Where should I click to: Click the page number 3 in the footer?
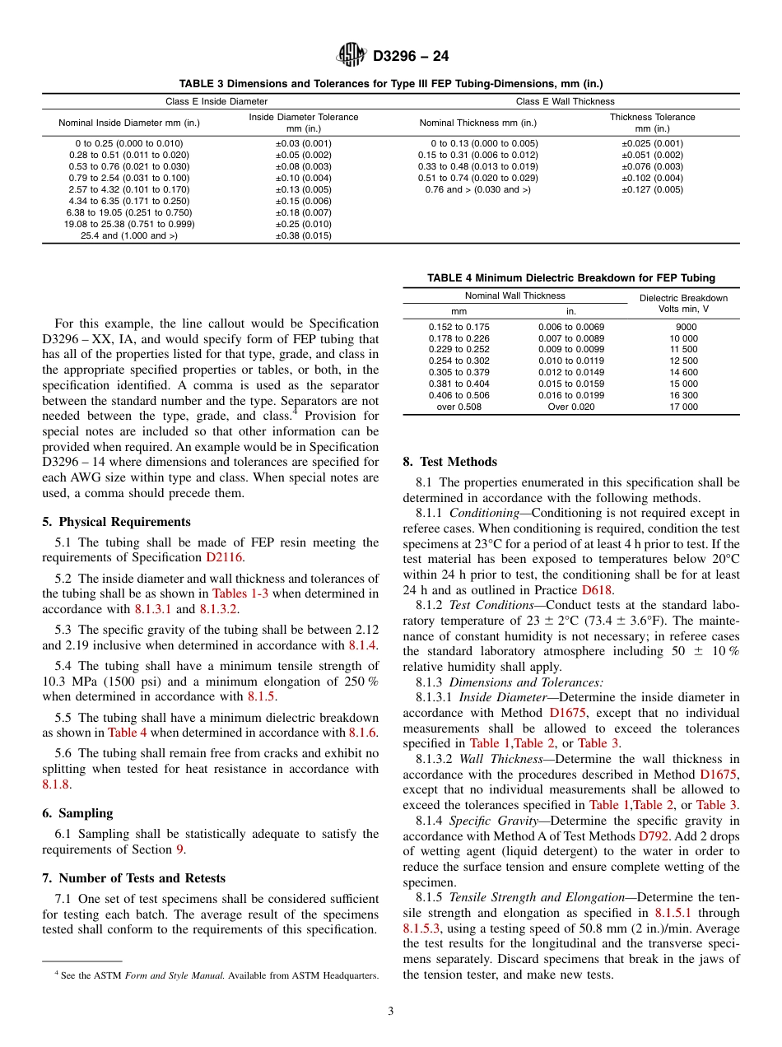tap(391, 1012)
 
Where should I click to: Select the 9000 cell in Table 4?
tap(685, 327)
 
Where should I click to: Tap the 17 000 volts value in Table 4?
tap(684, 407)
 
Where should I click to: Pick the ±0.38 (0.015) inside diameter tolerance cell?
tap(303, 236)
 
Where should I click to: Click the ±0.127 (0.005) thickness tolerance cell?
tap(652, 190)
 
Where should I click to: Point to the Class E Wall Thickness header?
tap(565, 102)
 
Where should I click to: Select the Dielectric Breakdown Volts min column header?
tap(683, 304)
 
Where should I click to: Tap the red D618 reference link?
tap(597, 590)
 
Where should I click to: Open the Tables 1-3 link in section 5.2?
tap(241, 593)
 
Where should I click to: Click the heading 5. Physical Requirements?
tap(116, 522)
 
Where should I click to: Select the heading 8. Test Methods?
tap(449, 462)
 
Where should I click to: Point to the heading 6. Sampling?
tap(77, 813)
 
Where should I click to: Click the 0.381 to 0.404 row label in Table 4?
tap(458, 384)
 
